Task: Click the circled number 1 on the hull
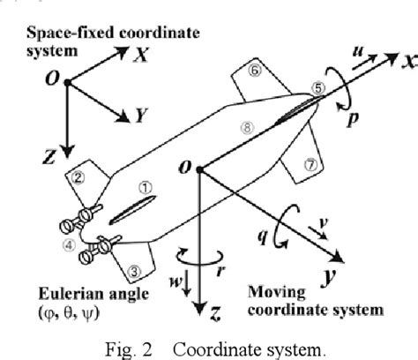point(146,187)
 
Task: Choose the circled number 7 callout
point(309,165)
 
